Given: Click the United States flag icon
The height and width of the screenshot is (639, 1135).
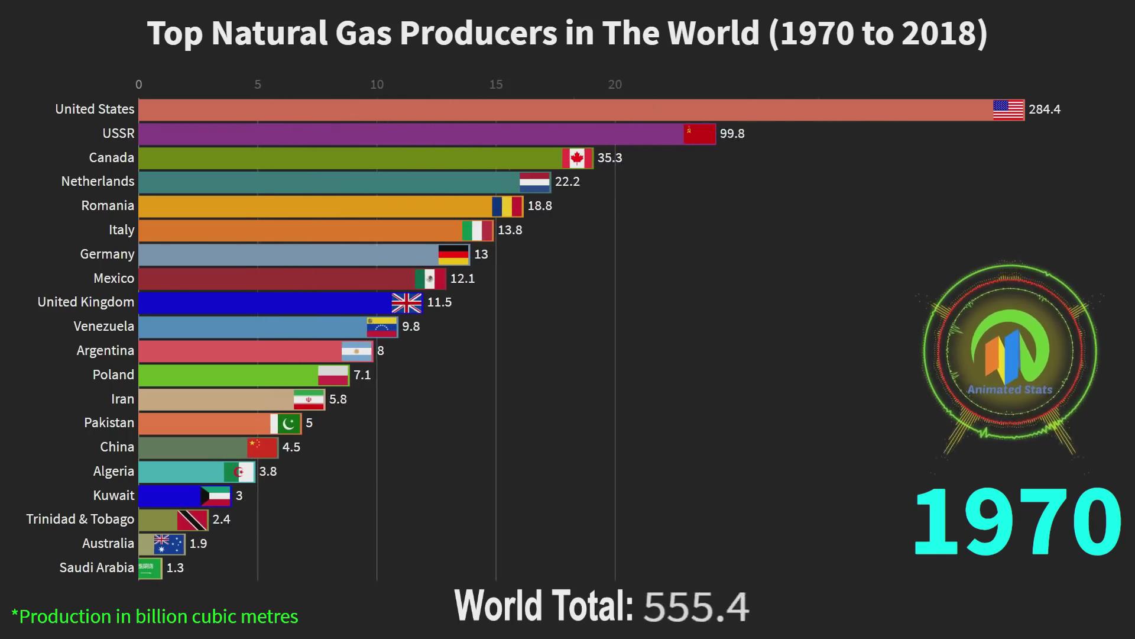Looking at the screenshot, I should tap(1008, 110).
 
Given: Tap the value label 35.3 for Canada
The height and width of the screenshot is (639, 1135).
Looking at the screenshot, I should tap(609, 158).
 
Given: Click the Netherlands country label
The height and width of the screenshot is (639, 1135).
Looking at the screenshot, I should tap(98, 182).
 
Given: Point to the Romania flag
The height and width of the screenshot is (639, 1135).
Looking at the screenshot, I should tap(507, 206).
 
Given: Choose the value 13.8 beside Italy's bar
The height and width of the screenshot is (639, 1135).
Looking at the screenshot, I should tap(510, 230).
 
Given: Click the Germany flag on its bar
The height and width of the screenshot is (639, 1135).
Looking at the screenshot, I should tap(453, 254).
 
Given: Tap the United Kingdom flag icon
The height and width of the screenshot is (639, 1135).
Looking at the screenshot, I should tap(407, 303).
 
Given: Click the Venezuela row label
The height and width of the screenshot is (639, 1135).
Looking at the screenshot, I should tap(103, 327).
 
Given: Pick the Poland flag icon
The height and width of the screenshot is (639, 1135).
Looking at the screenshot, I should tap(333, 375).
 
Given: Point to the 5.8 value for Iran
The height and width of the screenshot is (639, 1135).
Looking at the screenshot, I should tap(338, 399).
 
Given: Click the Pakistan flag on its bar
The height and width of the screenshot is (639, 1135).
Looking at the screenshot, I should tap(286, 424).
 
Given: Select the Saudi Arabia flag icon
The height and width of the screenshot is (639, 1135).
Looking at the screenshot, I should tap(150, 569).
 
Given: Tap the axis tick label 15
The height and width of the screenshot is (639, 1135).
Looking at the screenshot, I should tap(495, 85).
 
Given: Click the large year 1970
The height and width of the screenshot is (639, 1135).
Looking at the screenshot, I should tap(1017, 522).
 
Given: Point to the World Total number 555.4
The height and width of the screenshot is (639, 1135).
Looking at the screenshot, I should tap(696, 607).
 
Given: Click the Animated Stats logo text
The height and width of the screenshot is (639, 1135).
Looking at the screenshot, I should tap(1010, 390).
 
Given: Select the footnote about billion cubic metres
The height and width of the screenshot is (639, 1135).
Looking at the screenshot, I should tap(155, 617).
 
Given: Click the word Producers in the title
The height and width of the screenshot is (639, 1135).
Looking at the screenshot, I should tap(478, 33).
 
